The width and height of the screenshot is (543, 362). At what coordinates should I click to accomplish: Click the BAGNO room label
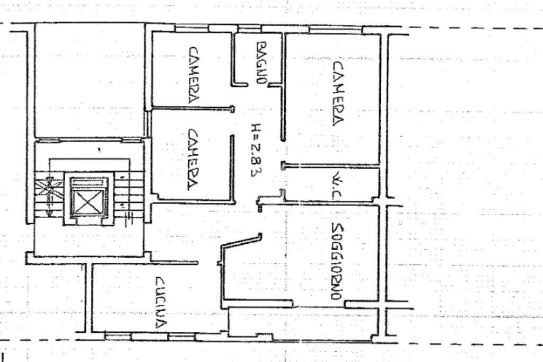point(260,63)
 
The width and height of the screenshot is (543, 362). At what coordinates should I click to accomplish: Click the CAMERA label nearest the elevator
point(191,160)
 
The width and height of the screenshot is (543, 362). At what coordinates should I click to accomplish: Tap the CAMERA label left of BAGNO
point(193,74)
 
